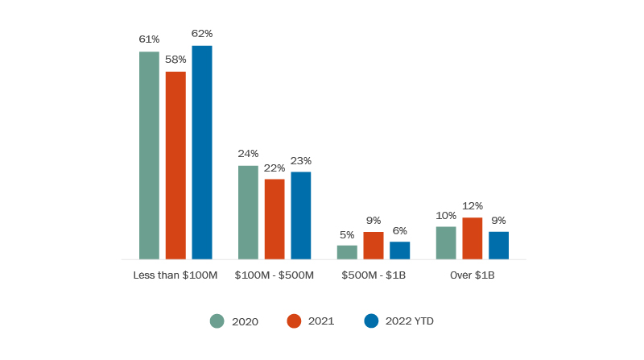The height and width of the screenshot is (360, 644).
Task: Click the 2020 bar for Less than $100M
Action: (x=149, y=155)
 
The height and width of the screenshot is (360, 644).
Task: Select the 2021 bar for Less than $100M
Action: (x=175, y=165)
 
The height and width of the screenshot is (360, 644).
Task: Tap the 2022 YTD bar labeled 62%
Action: (x=202, y=152)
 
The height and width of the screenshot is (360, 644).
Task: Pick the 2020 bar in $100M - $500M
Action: (x=248, y=213)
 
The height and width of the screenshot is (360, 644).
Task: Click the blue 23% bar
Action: (x=301, y=215)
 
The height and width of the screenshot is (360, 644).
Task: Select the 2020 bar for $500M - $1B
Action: (x=347, y=252)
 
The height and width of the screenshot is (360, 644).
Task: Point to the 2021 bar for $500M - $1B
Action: (x=374, y=246)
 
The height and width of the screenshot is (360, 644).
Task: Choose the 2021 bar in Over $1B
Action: (x=473, y=238)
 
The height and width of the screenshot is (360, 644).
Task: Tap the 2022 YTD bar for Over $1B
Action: (x=499, y=246)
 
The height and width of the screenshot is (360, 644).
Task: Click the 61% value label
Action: (x=149, y=39)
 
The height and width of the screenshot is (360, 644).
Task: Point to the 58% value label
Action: (x=175, y=60)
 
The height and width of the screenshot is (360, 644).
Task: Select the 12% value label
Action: (x=473, y=205)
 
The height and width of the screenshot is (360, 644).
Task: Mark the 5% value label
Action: (x=347, y=234)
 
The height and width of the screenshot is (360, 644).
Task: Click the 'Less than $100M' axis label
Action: (x=175, y=275)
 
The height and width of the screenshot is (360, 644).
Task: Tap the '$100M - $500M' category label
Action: (x=275, y=275)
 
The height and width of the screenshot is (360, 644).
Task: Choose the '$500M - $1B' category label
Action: (x=374, y=275)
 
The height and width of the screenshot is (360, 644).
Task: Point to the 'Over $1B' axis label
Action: (x=473, y=275)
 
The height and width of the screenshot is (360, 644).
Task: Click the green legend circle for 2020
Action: (x=217, y=321)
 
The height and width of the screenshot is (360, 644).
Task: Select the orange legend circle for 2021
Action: (x=294, y=321)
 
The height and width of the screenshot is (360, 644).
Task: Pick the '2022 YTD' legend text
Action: (x=409, y=321)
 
